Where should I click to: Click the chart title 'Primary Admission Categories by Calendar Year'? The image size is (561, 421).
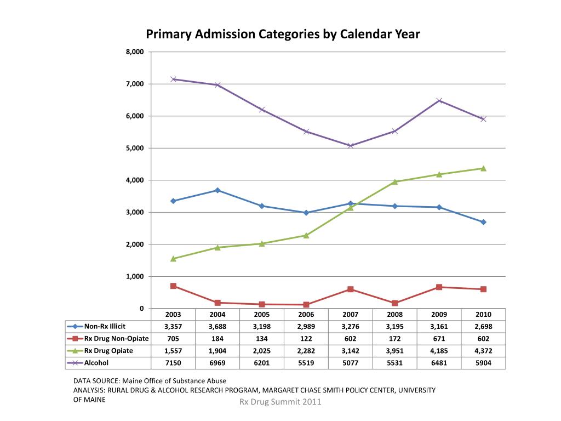click(283, 35)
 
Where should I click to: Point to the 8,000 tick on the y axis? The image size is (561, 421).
click(135, 52)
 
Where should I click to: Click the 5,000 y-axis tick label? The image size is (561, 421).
click(135, 148)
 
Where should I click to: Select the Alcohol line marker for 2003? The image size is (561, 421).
click(173, 79)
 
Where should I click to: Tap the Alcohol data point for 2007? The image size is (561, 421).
click(351, 146)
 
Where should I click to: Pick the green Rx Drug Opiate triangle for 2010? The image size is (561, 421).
click(483, 168)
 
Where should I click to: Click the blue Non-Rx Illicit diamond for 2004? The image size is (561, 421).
click(217, 190)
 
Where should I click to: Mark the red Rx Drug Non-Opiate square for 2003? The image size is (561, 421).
click(173, 286)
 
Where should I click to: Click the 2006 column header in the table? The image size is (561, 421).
click(306, 315)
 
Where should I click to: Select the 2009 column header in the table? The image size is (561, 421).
click(439, 315)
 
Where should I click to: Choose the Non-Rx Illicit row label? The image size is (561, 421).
click(105, 327)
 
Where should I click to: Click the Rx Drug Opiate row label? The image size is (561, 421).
click(108, 351)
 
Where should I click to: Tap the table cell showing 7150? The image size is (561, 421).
click(173, 363)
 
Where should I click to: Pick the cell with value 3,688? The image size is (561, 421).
click(217, 327)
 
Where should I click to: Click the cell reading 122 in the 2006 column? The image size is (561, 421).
click(306, 339)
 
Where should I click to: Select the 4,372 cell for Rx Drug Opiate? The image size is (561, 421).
click(483, 351)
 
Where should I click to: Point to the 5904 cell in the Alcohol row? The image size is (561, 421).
click(483, 363)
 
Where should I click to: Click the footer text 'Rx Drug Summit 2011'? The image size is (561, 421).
click(280, 402)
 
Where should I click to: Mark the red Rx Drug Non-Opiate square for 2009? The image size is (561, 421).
click(439, 287)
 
